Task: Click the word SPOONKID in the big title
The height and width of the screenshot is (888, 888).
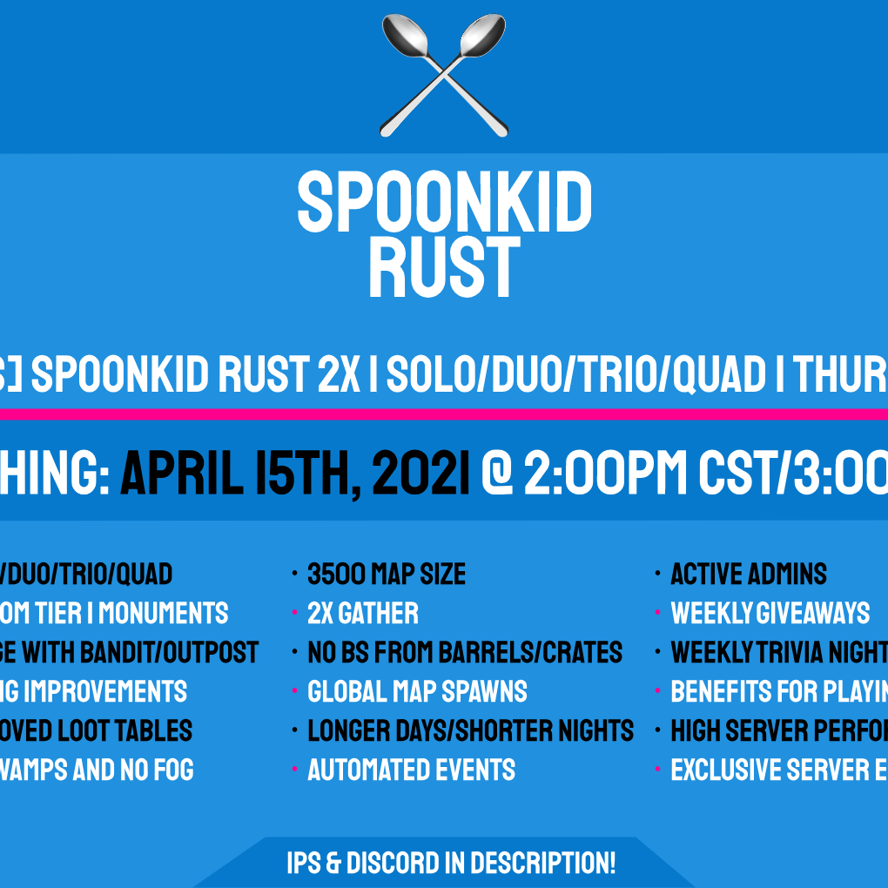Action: [x=444, y=202]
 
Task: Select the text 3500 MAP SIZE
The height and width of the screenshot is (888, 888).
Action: [x=387, y=575]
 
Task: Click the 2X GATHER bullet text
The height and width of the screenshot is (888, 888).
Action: [x=363, y=614]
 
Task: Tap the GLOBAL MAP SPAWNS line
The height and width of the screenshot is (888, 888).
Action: [x=417, y=692]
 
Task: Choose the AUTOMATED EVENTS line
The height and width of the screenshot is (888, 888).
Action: [x=411, y=770]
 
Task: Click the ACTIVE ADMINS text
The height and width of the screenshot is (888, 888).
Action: [x=749, y=575]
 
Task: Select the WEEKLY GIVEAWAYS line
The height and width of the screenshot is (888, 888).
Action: [x=770, y=614]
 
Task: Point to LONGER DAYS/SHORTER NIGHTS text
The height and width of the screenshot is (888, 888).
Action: [x=470, y=731]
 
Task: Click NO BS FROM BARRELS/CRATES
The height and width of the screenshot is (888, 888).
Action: [x=465, y=653]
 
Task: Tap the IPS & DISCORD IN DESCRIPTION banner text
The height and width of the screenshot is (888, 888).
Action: [x=451, y=864]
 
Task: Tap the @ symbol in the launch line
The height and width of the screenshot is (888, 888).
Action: [x=497, y=474]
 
